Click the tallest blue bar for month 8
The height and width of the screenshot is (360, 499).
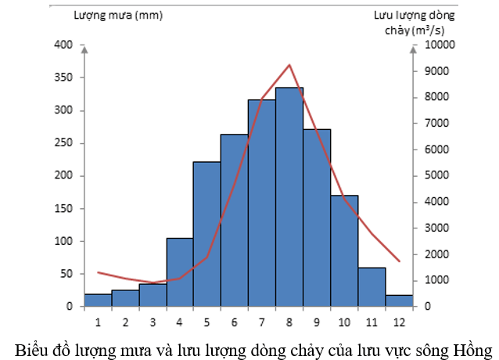click(289, 196)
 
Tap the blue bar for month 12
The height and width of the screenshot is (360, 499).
click(398, 301)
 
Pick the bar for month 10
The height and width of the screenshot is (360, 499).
click(343, 250)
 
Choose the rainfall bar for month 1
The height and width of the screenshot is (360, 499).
click(98, 300)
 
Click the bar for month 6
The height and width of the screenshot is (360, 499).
click(234, 220)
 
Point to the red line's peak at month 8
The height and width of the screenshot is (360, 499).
click(289, 65)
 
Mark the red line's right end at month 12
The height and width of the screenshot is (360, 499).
click(399, 261)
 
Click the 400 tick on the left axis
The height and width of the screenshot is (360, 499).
click(63, 45)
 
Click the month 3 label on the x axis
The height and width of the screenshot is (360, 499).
click(153, 321)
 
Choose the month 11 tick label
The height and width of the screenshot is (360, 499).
click(372, 321)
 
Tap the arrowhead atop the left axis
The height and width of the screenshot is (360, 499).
click(84, 48)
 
